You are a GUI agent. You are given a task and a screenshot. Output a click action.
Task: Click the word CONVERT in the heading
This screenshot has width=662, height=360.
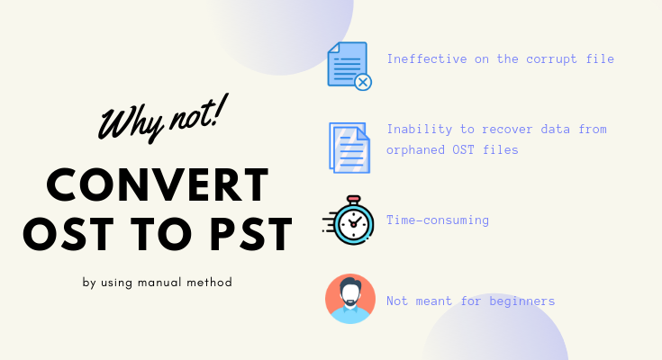[x=158, y=184]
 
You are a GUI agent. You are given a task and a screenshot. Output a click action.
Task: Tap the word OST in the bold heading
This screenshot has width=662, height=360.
[x=68, y=234]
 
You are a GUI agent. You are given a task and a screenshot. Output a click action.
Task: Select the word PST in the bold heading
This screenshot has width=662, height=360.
[x=250, y=234]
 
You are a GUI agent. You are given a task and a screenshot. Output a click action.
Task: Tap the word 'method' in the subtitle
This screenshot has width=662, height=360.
[x=209, y=282]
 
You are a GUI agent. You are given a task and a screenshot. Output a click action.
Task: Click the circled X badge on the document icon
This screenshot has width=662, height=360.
[x=363, y=82]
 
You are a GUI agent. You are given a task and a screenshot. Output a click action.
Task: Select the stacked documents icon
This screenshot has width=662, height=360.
[x=349, y=148]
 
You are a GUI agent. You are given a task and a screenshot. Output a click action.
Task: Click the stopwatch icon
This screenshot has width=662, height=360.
[x=349, y=220]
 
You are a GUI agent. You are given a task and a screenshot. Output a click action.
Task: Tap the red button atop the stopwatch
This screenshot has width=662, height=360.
[x=353, y=199]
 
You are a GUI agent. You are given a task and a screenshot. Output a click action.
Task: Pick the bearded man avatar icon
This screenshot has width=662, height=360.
[x=350, y=299]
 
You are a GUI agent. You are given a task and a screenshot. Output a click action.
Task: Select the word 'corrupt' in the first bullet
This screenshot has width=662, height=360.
[x=551, y=59]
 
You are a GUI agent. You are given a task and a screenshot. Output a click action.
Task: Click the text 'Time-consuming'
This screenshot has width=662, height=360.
[x=438, y=220]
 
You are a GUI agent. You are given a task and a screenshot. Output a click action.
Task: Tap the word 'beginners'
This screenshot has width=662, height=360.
[x=521, y=301]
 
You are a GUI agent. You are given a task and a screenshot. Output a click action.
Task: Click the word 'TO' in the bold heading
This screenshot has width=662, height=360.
[x=161, y=234]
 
